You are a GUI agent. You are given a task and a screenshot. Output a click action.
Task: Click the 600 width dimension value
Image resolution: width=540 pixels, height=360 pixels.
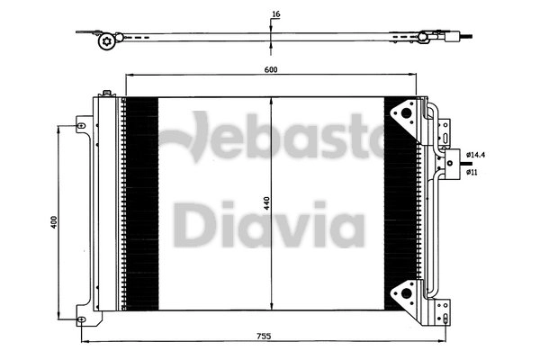pos(271,68)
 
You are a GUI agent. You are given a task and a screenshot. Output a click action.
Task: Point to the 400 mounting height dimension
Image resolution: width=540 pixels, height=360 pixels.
pos(54,221)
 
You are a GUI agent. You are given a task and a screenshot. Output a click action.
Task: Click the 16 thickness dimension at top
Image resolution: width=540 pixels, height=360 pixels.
pos(275,14)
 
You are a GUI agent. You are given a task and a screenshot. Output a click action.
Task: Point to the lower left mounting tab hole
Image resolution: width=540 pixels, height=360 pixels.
pos(82,319)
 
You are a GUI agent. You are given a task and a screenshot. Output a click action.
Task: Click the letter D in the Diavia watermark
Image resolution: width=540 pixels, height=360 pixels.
pos(191,228)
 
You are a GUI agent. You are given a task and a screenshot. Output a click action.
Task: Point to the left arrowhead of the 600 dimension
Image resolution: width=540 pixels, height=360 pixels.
pos(128,76)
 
